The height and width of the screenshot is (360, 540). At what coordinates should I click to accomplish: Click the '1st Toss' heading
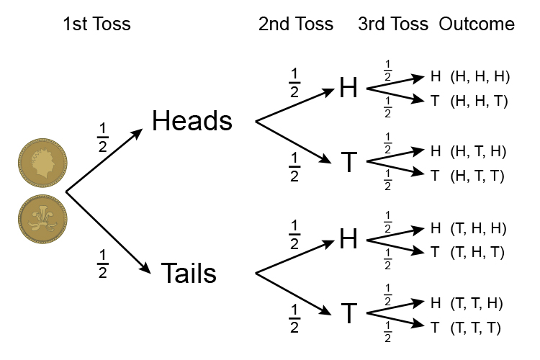click(x=96, y=24)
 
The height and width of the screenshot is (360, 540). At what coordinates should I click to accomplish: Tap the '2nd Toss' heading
click(x=296, y=24)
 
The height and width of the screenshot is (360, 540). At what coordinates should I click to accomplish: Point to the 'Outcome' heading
click(x=477, y=24)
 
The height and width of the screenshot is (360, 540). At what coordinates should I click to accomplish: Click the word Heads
click(x=192, y=121)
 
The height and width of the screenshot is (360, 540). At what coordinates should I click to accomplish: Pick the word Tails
click(x=189, y=274)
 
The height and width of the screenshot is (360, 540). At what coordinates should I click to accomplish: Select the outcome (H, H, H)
click(x=479, y=76)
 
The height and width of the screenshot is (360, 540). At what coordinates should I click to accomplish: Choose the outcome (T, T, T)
click(x=479, y=328)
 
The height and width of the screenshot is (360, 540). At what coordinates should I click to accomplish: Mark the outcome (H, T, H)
click(x=479, y=151)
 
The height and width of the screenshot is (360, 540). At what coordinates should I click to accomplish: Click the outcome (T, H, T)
click(x=479, y=252)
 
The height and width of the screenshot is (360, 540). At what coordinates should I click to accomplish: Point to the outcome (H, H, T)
click(x=479, y=101)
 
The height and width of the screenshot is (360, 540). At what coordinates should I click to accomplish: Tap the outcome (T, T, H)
click(x=479, y=302)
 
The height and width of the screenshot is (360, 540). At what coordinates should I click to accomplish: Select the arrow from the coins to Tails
click(x=108, y=233)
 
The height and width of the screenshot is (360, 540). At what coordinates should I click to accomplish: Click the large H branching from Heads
click(x=348, y=88)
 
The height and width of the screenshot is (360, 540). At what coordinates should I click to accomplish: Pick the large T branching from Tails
click(x=348, y=314)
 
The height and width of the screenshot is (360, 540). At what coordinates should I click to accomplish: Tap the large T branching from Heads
click(x=348, y=163)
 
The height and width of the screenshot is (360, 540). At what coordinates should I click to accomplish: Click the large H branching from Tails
click(x=348, y=239)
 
